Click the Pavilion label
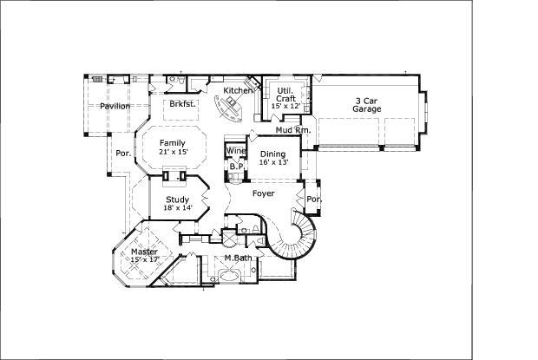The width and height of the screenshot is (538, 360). click(115, 107)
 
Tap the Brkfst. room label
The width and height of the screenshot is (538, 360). click(181, 104)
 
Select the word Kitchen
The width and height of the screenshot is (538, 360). click(238, 91)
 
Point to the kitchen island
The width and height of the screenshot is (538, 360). click(233, 108)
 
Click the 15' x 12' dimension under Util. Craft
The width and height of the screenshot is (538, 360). click(285, 106)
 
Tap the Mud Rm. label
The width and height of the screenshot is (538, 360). click(293, 130)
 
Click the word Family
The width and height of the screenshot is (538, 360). click(172, 142)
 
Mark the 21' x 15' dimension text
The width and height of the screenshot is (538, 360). click(173, 152)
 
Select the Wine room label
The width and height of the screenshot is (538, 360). click(235, 151)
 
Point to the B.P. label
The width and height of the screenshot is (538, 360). click(235, 167)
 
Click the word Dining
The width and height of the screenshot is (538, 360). click(273, 154)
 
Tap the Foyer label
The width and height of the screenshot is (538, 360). click(264, 193)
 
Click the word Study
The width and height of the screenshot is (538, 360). click(177, 200)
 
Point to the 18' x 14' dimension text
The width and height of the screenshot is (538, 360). click(177, 208)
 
